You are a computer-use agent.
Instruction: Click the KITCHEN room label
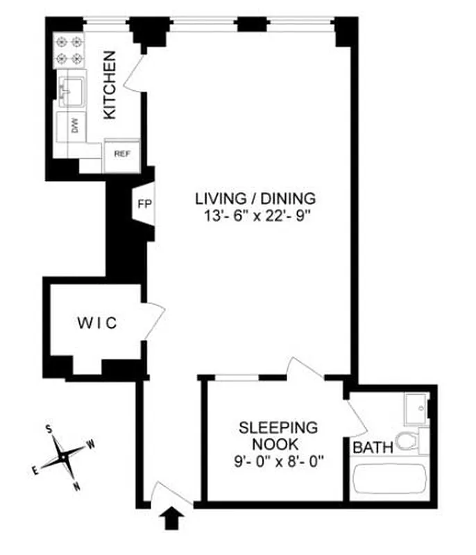coord(110,85)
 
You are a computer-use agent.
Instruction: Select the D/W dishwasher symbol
coord(74,126)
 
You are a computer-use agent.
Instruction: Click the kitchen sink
coord(71,89)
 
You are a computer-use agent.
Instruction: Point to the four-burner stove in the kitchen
coord(69,49)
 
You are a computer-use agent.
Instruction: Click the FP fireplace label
coord(144,205)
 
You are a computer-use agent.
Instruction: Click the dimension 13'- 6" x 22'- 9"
coord(255,215)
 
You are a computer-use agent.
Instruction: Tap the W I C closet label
coord(98,323)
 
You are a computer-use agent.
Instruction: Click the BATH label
coord(373,447)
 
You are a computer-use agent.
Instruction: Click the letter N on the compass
coord(76,486)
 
